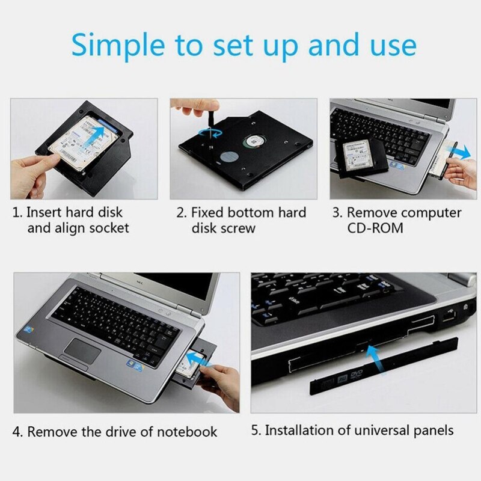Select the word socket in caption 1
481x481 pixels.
coord(108,228)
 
